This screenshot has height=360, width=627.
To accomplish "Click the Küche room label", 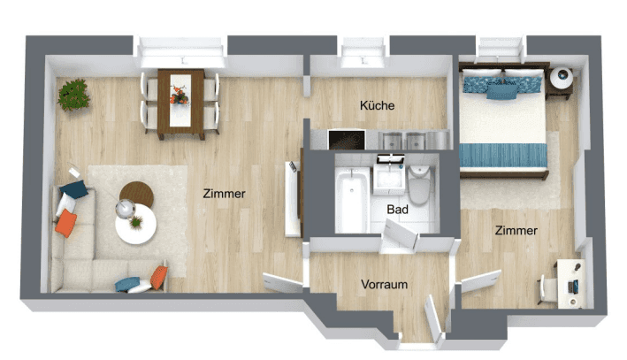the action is click(x=377, y=105).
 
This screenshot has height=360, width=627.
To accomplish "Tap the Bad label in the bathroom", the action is click(x=397, y=210).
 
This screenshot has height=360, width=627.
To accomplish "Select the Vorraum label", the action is click(x=385, y=285).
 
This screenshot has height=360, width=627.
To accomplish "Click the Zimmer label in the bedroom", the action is click(x=516, y=230).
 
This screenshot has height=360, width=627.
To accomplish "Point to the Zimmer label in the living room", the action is click(x=224, y=194).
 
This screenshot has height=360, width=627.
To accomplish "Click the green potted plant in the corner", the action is click(x=73, y=95).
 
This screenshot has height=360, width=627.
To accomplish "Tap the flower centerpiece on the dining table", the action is click(x=180, y=96).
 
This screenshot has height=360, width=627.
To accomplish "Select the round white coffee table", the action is click(x=135, y=224).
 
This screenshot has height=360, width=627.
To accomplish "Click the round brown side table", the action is click(x=137, y=194).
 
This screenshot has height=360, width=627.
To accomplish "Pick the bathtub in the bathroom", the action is click(x=352, y=200).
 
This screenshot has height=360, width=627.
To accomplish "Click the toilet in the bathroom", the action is click(x=418, y=184).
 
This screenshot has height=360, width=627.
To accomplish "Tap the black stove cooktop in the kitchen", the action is click(x=347, y=140).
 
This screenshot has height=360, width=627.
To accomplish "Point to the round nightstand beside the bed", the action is click(x=561, y=78).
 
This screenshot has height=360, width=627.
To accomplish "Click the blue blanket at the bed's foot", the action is click(x=503, y=156).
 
